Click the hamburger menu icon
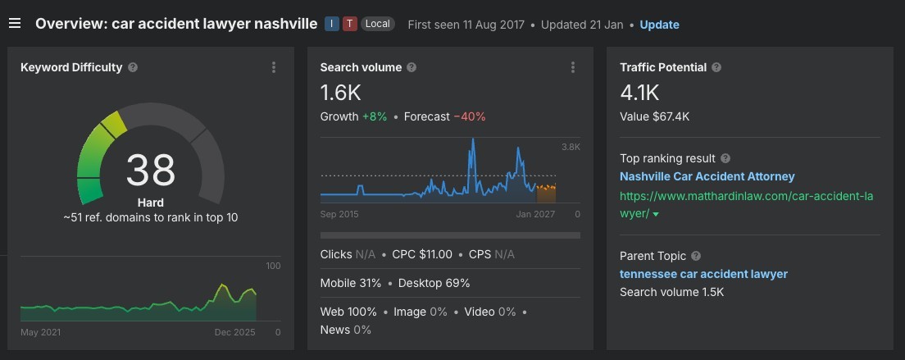point(15,23)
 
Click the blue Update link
point(659,25)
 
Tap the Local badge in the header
point(377,24)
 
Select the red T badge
point(350,24)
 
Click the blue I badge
point(332,24)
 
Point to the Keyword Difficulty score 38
point(151,171)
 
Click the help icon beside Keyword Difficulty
point(133,68)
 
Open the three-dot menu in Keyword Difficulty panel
point(274,68)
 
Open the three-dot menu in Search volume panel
point(573,68)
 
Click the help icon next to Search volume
point(412,68)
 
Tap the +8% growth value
point(373,116)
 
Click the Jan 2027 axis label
point(535,215)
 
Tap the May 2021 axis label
point(40,332)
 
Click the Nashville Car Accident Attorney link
point(707,176)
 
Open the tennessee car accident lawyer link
point(703,274)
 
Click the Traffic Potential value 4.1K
point(639,92)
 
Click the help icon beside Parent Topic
point(696,256)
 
